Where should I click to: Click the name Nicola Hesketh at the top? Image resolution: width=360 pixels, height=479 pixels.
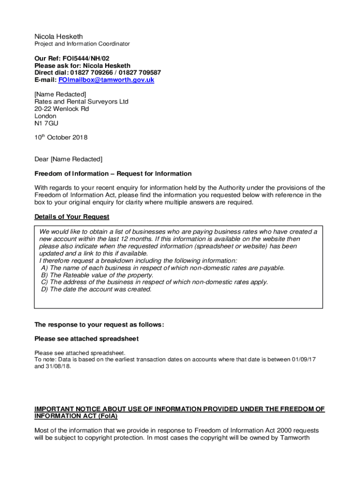[58, 36]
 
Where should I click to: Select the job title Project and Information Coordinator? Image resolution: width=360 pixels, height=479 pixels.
[82, 44]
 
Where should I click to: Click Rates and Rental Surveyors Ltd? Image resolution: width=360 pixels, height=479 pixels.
[81, 102]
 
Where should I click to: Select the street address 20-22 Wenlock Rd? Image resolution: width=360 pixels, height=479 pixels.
[61, 109]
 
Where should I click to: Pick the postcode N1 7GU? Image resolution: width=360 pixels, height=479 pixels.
[46, 123]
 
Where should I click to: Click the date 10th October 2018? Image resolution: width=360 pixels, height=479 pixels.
[61, 138]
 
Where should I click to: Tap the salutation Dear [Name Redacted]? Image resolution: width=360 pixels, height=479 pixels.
[68, 160]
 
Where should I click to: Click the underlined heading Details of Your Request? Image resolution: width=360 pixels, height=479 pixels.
[72, 217]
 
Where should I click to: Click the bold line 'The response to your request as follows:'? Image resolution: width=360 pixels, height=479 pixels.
[99, 325]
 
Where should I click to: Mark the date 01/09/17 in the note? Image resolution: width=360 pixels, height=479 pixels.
[304, 359]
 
